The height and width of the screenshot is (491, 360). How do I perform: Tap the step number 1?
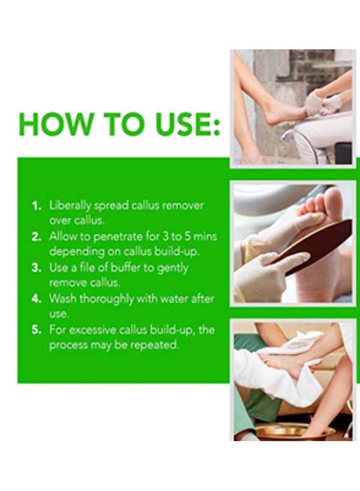click(37, 206)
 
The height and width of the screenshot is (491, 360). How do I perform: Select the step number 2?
click(37, 237)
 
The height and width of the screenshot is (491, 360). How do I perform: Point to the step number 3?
click(37, 268)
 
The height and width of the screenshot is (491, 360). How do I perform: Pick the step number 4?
click(37, 299)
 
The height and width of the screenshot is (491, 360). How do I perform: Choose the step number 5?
click(37, 330)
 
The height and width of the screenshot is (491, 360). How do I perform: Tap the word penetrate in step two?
click(118, 237)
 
